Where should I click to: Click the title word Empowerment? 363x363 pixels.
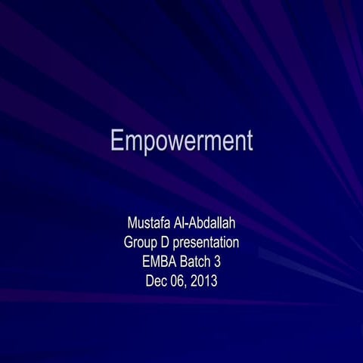click(x=181, y=142)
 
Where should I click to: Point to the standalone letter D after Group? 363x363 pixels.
click(x=169, y=243)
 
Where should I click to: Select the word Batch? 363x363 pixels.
click(x=199, y=262)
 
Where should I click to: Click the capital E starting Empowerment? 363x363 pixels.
click(x=117, y=141)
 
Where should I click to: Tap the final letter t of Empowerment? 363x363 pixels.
click(x=248, y=142)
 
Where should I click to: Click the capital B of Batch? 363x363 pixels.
click(x=186, y=262)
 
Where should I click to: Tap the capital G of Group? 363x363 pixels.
click(x=129, y=243)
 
